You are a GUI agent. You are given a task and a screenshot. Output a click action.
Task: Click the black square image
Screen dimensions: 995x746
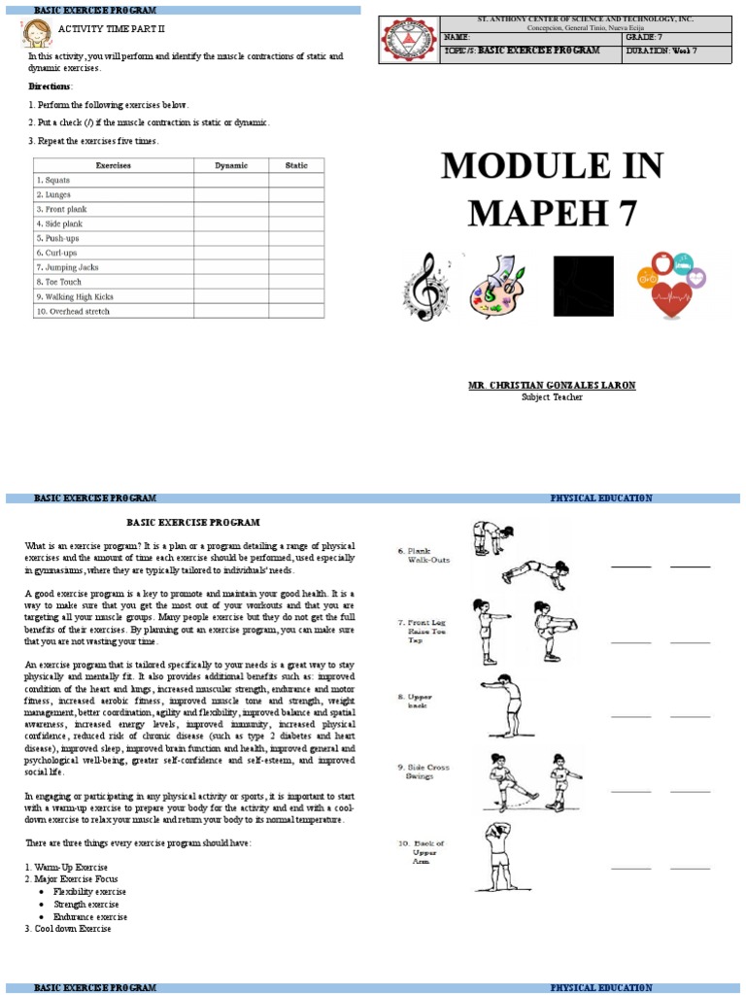pos(583,287)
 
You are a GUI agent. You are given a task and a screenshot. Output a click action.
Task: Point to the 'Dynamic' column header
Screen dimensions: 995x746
pos(231,166)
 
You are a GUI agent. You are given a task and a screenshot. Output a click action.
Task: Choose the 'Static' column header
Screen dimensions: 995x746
pos(296,166)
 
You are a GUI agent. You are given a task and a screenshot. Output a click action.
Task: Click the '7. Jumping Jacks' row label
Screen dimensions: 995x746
pos(67,267)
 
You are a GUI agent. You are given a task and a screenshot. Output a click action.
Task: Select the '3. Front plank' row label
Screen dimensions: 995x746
pos(60,209)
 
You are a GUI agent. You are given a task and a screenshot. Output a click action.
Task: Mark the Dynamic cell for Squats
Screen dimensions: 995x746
pos(231,180)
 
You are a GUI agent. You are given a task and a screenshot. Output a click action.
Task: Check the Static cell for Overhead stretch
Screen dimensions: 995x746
pos(296,311)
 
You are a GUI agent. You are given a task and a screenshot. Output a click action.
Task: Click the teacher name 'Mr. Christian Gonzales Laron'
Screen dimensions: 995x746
pos(552,386)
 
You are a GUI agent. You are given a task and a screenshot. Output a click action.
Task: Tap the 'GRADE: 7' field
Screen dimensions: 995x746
pos(649,37)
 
